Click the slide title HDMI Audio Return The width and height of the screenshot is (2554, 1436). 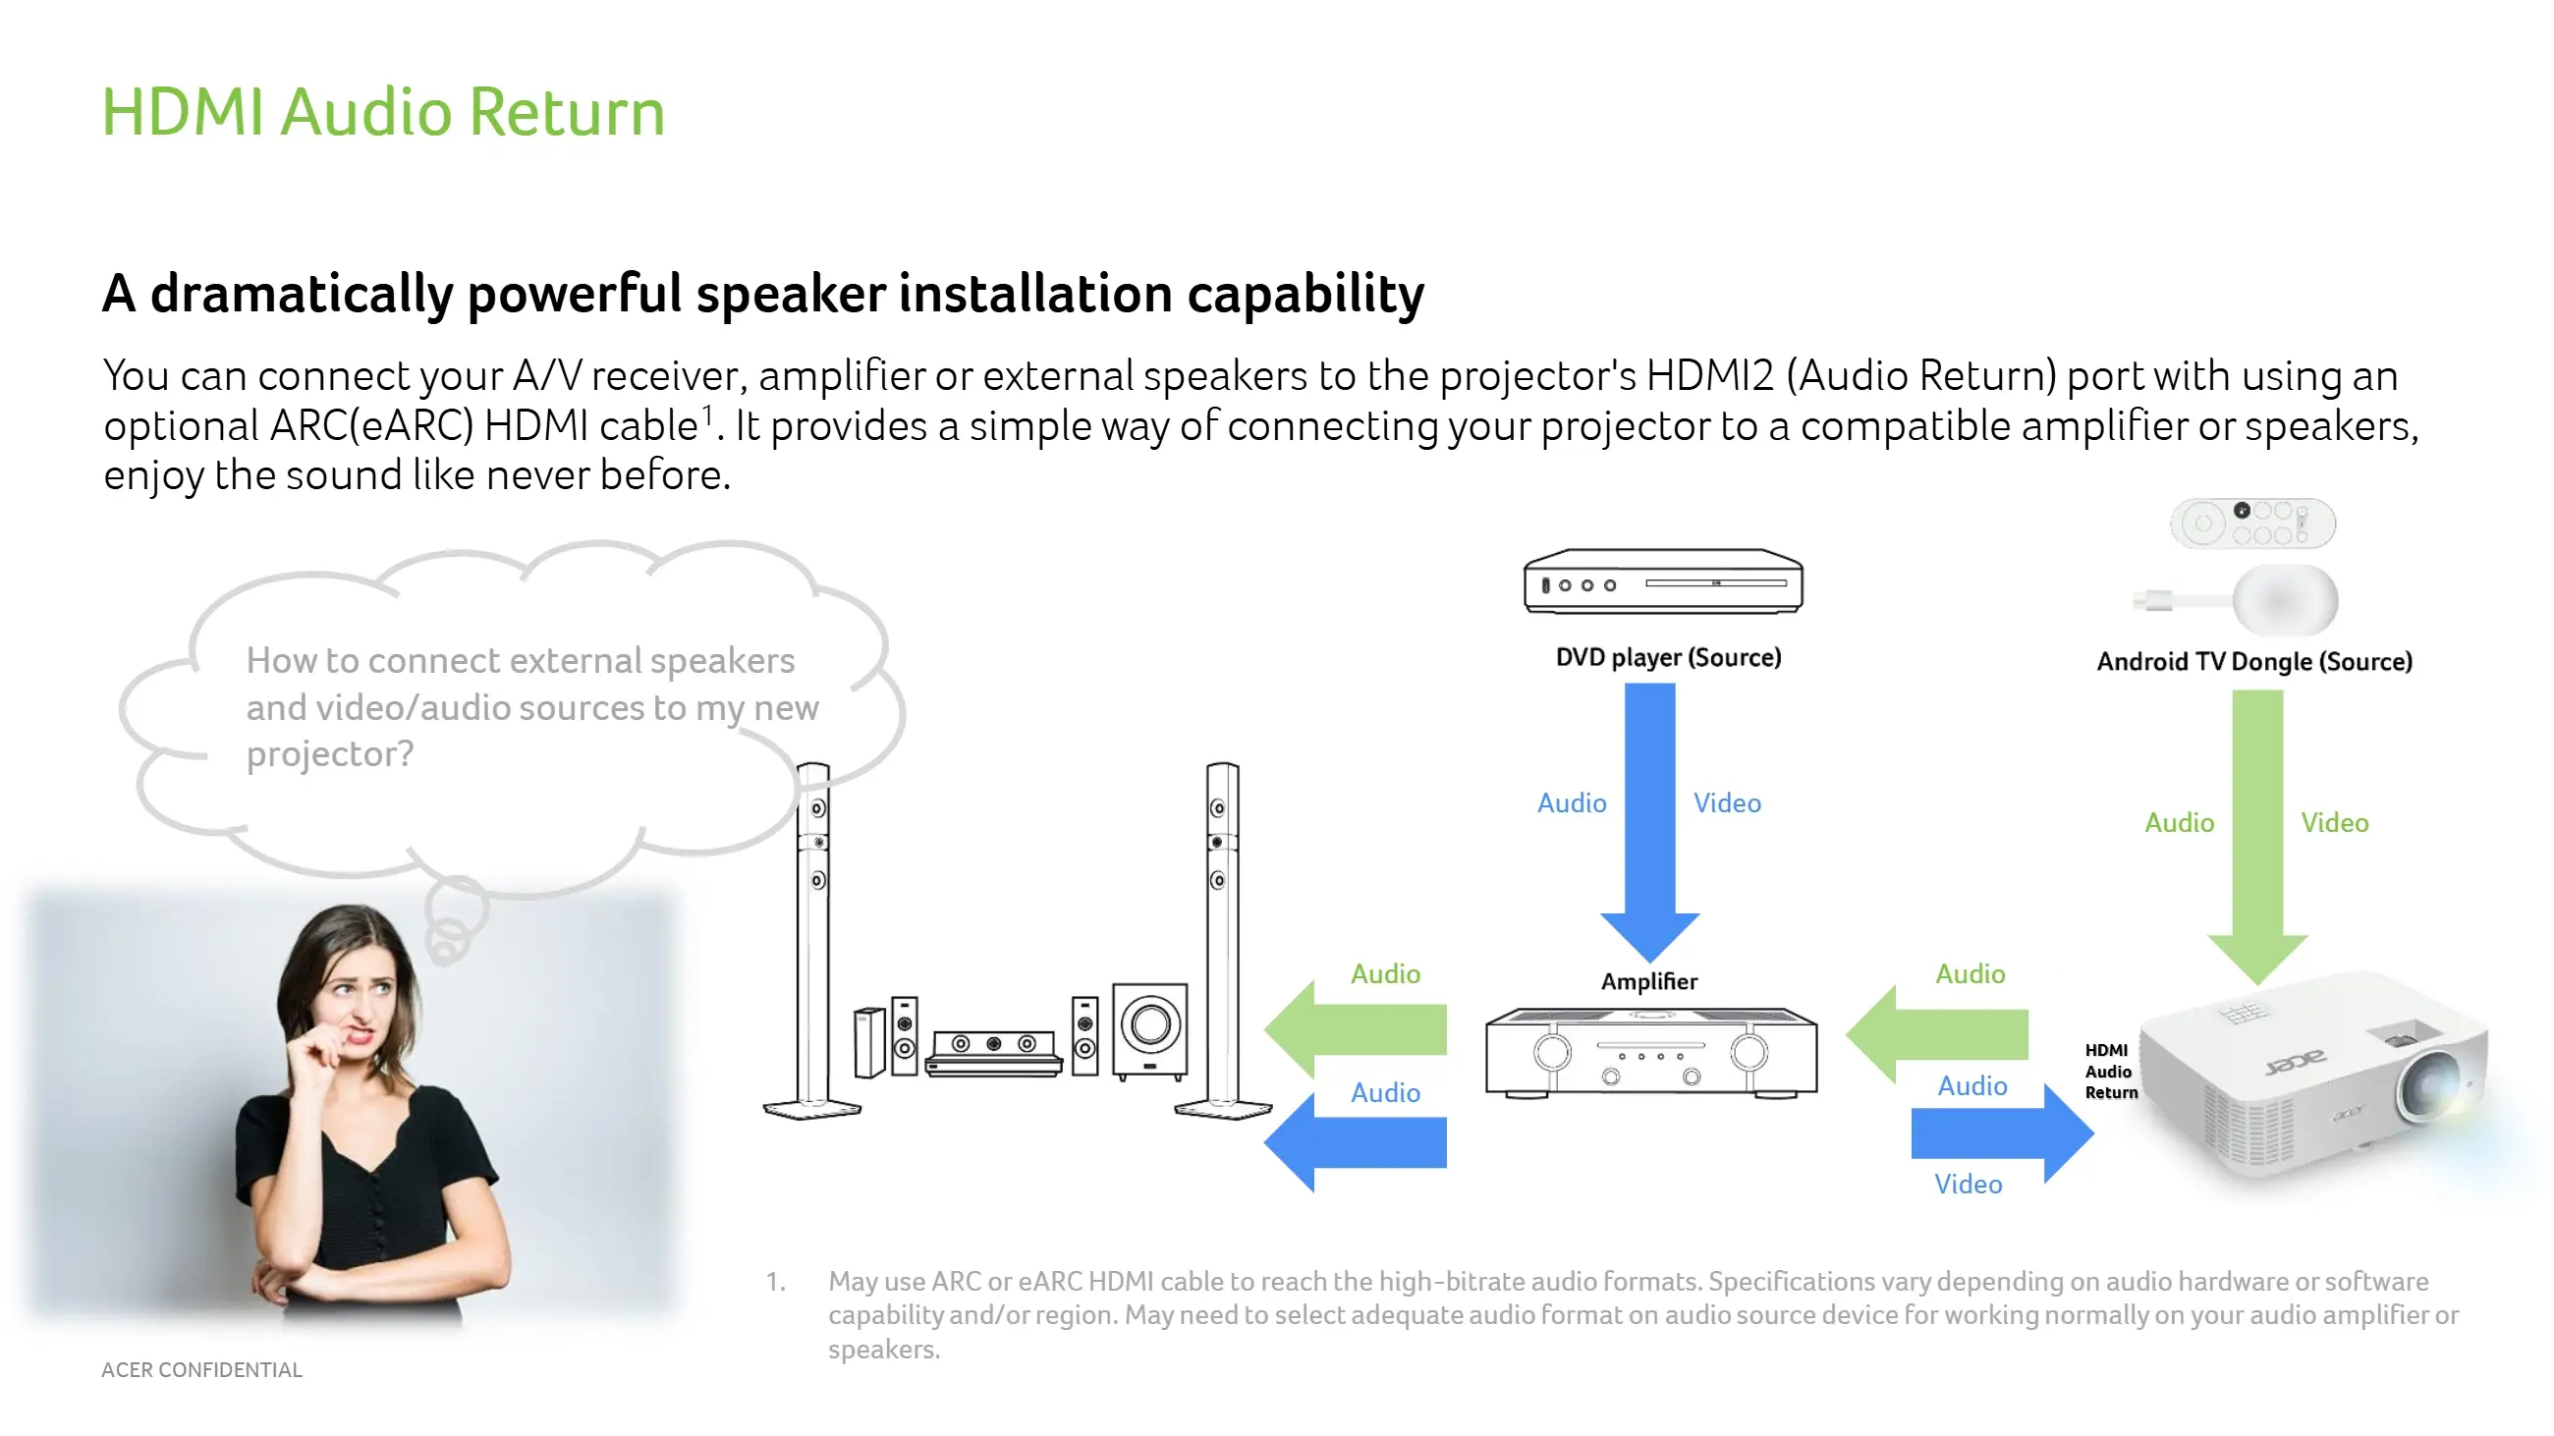(383, 111)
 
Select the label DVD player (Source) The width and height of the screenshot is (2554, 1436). (1668, 657)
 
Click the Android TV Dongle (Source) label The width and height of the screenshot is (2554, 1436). (2253, 661)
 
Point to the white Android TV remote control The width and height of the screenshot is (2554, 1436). (2251, 524)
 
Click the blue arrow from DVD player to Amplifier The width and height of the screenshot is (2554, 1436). (1650, 812)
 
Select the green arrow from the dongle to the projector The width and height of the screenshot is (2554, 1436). (2257, 833)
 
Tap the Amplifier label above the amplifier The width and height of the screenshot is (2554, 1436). (1648, 981)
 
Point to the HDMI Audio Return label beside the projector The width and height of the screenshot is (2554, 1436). (2110, 1072)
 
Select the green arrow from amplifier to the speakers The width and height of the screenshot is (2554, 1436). (1356, 1029)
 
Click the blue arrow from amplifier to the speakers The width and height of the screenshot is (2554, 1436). (1356, 1141)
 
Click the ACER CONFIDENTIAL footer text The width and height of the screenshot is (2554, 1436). (201, 1369)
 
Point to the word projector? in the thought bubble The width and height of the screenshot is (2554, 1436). (329, 754)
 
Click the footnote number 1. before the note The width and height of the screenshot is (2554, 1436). (775, 1282)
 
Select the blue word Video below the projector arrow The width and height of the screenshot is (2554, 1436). (1967, 1184)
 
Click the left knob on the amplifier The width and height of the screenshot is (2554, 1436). (1552, 1052)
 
